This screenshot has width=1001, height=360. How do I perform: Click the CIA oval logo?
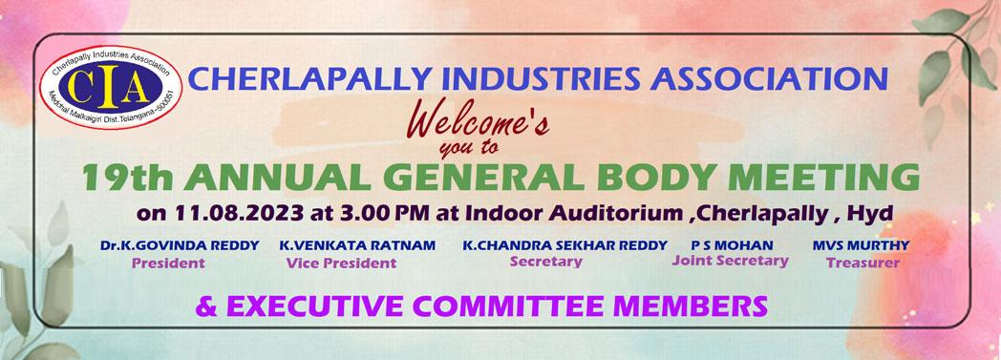(x=111, y=88)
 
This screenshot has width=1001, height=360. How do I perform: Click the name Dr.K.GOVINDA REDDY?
(x=180, y=245)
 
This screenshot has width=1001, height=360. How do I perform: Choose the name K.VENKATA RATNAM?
(x=357, y=245)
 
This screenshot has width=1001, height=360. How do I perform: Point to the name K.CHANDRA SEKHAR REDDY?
(x=565, y=245)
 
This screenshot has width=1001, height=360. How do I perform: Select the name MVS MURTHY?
(x=862, y=245)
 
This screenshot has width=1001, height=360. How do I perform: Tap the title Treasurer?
(x=863, y=263)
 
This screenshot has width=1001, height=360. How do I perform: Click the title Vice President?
(x=341, y=263)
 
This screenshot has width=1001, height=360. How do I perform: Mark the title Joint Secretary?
(x=731, y=261)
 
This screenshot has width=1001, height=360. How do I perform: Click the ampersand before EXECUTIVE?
(x=207, y=307)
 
